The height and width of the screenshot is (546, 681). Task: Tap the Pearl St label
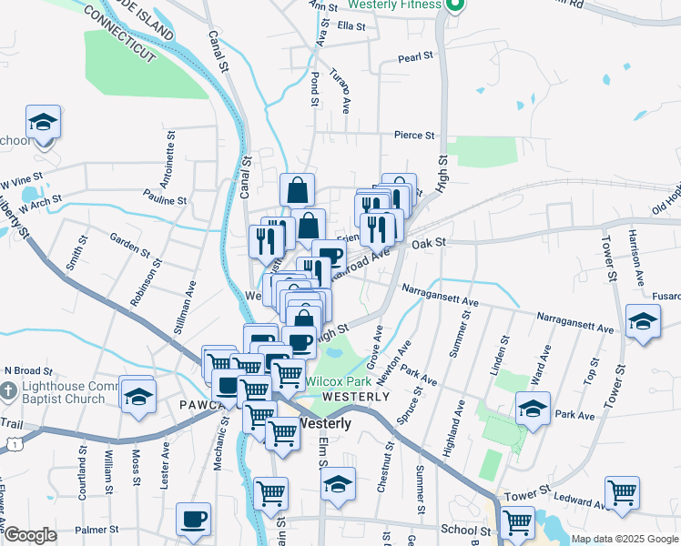tap(415, 57)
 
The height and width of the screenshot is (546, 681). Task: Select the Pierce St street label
tap(414, 136)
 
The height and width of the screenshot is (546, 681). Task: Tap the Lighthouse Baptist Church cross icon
tap(7, 391)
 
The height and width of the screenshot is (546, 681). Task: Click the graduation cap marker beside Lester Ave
tap(138, 396)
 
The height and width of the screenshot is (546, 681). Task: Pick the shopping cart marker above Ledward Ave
tap(622, 492)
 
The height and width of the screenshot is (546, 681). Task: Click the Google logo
tap(30, 535)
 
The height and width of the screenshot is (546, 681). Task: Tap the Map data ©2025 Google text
tap(625, 539)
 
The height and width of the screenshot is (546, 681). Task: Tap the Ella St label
tap(351, 26)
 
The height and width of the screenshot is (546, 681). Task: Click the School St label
tap(465, 530)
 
